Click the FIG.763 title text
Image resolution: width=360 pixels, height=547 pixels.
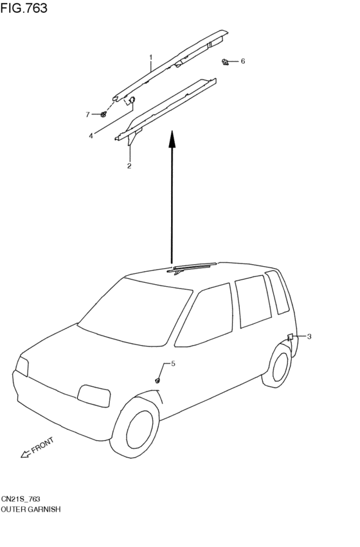pyautogui.click(x=24, y=8)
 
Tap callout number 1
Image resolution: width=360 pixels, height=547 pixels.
pyautogui.click(x=151, y=57)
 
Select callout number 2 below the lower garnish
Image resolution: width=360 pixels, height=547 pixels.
pyautogui.click(x=129, y=166)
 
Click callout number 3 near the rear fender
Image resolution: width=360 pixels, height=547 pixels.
pyautogui.click(x=309, y=336)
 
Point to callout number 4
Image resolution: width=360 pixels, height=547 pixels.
pyautogui.click(x=91, y=136)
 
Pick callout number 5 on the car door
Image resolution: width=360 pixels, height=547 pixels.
pyautogui.click(x=173, y=364)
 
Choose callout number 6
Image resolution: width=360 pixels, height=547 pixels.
pyautogui.click(x=243, y=61)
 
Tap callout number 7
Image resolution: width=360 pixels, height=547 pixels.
pyautogui.click(x=87, y=114)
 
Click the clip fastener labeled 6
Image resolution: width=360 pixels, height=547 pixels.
pyautogui.click(x=226, y=62)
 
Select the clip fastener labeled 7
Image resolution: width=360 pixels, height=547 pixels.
pyautogui.click(x=104, y=114)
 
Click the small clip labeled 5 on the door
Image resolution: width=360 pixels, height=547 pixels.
pyautogui.click(x=157, y=381)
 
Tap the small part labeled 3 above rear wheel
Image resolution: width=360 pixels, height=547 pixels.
pyautogui.click(x=290, y=337)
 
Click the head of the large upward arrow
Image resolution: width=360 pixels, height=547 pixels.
pyautogui.click(x=172, y=139)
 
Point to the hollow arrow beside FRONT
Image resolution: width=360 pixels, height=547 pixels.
pyautogui.click(x=26, y=454)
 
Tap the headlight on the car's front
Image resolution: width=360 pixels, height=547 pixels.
pyautogui.click(x=94, y=395)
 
